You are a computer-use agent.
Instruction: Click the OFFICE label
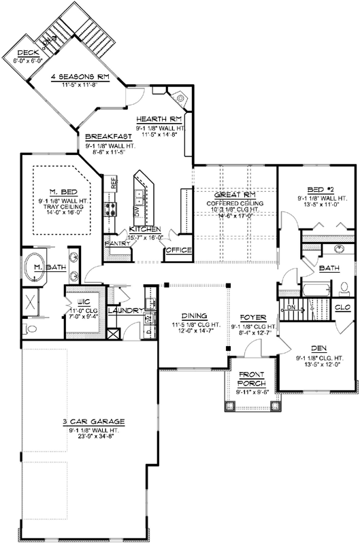[179, 251]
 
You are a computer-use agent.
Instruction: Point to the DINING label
[193, 316]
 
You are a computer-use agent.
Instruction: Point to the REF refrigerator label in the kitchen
[114, 184]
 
